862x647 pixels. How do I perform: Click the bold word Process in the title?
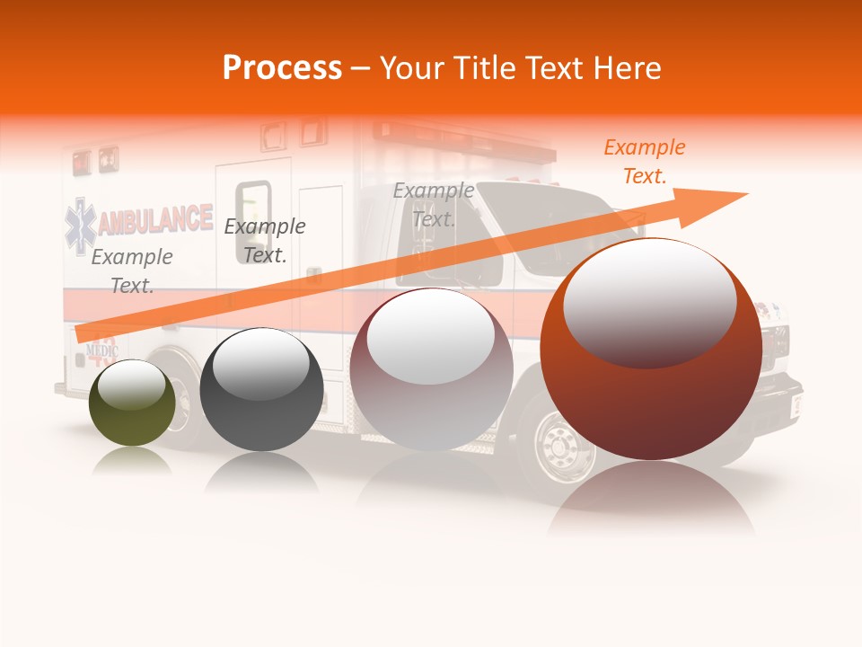point(282,68)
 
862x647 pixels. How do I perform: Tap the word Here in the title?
point(627,68)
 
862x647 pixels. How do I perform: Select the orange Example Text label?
point(644,162)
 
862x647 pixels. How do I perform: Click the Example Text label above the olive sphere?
point(132,270)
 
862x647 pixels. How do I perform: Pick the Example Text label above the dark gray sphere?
point(265,240)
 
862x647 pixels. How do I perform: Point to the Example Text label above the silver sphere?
point(434,204)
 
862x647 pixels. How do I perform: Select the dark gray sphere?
point(261,390)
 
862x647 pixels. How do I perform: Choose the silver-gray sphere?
point(431,369)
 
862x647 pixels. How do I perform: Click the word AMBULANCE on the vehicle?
point(154,221)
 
